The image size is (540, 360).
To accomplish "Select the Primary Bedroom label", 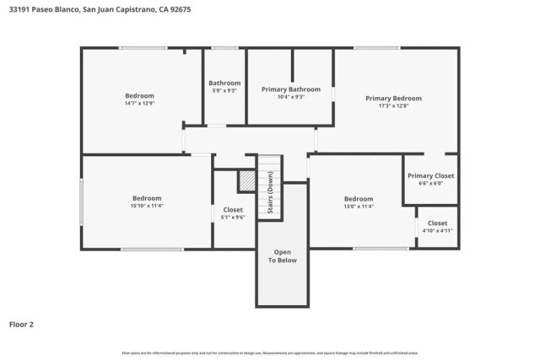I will (x=393, y=98).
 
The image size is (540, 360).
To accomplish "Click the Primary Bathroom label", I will (x=290, y=89).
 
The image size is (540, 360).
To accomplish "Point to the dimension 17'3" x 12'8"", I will (x=393, y=106).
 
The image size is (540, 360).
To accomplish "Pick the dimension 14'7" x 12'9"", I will (x=139, y=104).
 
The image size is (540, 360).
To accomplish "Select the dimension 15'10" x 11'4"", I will (x=146, y=206).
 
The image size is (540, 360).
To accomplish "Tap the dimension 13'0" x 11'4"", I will (x=358, y=207).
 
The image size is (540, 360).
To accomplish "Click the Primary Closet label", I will (x=430, y=175).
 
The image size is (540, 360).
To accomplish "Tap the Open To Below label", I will (x=283, y=256).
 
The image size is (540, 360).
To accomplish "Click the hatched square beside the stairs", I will (x=246, y=181).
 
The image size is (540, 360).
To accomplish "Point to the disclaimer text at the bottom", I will (x=270, y=352).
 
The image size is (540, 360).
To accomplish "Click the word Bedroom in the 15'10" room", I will (x=146, y=198).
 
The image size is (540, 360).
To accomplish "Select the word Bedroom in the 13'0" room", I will (x=358, y=199).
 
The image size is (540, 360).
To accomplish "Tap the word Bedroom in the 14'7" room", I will (x=139, y=95).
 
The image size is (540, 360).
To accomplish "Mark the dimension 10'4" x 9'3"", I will (x=290, y=97).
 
